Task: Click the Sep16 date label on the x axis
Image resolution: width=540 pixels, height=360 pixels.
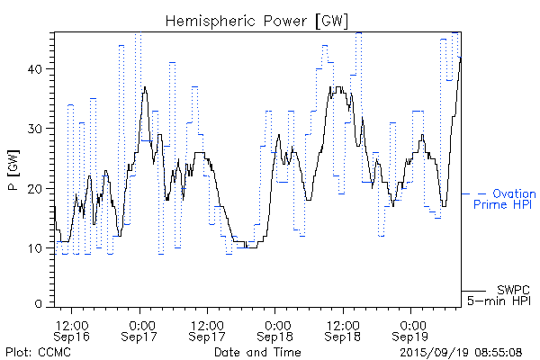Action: pyautogui.click(x=72, y=336)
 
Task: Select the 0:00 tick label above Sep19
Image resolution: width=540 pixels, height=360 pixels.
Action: pyautogui.click(x=412, y=323)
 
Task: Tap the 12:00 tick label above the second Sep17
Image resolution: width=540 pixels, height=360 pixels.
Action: pyautogui.click(x=208, y=323)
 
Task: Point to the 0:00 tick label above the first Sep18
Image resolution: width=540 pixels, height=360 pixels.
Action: pyautogui.click(x=276, y=323)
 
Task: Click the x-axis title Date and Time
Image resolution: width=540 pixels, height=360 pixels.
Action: pyautogui.click(x=258, y=350)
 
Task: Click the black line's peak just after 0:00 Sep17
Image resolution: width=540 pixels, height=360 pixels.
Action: pyautogui.click(x=145, y=87)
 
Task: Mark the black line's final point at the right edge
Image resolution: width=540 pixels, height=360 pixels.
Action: pyautogui.click(x=461, y=58)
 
